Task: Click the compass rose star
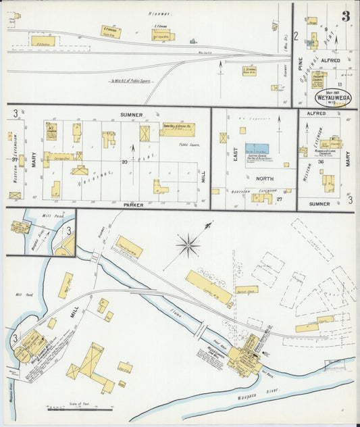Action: [188, 245]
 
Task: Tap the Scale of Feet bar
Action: [80, 408]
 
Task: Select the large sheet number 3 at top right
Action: [345, 16]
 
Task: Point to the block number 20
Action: [124, 162]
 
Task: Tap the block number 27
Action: [278, 199]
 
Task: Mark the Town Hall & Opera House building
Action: [177, 129]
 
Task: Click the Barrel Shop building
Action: [247, 290]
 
